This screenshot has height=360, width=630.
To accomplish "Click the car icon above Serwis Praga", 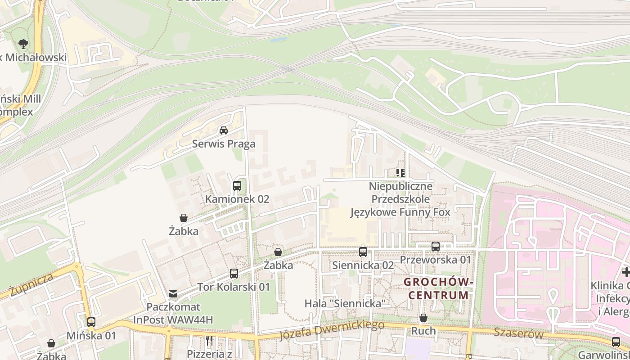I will point(223,131).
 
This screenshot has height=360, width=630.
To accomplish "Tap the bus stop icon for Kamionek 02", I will point(237,185).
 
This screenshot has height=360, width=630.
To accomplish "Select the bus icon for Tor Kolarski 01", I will point(234,273).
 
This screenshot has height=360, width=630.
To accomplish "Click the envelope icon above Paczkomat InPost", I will point(173,294).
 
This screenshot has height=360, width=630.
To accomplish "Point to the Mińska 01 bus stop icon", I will point(91,322).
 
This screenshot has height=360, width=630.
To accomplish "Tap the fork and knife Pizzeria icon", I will point(209,341).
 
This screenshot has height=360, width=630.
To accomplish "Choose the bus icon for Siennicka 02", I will point(363,252).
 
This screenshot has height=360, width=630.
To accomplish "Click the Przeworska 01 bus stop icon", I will point(435,247).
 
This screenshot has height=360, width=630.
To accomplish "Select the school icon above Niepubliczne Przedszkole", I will point(400,173).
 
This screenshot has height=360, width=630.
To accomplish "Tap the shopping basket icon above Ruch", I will point(423,318).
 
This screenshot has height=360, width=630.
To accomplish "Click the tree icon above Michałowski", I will point(23,44).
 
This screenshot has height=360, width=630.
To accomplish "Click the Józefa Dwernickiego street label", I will point(332,330).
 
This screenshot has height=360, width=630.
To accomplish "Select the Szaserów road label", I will point(518,333).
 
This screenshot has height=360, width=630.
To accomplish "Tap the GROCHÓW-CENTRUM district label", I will point(438,288).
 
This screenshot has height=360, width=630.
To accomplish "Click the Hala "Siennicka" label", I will point(345,303).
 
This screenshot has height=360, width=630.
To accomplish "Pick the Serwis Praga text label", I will point(224,144).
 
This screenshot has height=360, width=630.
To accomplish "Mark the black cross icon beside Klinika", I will point(625,272).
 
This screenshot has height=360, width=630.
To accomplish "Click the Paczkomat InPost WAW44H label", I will point(173,313).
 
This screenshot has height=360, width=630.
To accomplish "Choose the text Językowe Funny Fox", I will point(400,212).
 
